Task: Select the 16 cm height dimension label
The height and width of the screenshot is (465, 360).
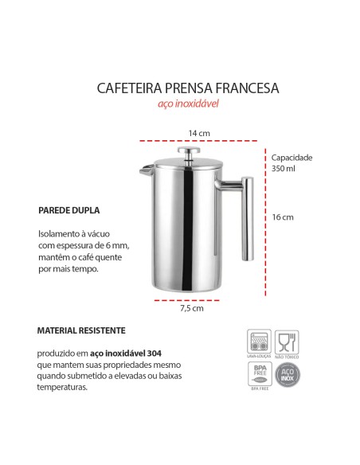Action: point(283,217)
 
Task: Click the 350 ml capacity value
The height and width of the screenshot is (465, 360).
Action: point(283,169)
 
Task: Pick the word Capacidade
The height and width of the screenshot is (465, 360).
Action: point(292,158)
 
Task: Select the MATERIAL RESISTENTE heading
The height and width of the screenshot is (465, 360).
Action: point(81,329)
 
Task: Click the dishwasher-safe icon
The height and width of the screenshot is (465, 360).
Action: point(258,342)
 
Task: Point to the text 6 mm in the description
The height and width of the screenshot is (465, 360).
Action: point(117,246)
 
